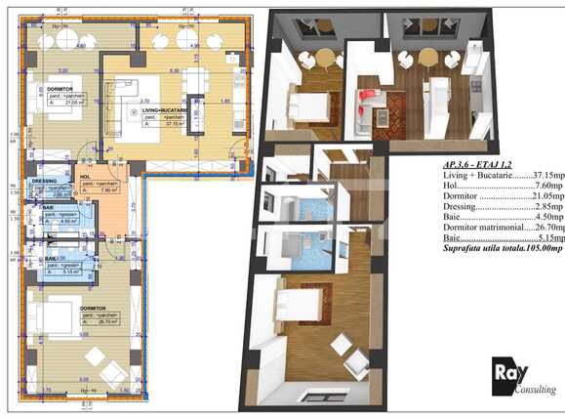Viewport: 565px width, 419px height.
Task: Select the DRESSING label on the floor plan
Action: point(45,182)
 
